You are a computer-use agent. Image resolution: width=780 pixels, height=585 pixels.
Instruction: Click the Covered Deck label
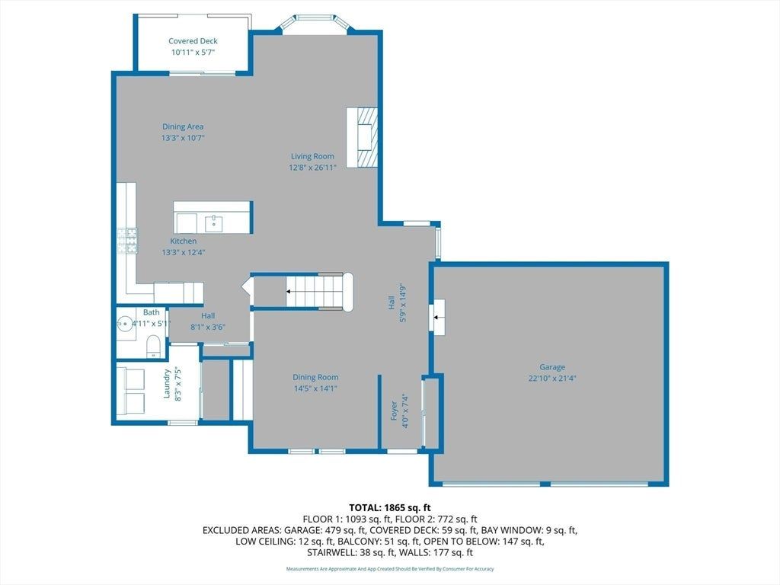coord(193,41)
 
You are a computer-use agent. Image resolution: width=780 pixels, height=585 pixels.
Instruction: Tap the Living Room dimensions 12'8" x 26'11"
coord(312,168)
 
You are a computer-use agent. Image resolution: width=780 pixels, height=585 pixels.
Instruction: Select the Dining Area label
coord(183,127)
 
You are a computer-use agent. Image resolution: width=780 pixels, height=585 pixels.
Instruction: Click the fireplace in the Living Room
coord(362,138)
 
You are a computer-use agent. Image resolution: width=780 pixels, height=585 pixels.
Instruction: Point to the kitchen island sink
coord(214,224)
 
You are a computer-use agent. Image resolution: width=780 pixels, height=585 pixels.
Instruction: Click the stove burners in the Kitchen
coord(127,241)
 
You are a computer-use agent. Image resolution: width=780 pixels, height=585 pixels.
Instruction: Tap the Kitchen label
coord(183,241)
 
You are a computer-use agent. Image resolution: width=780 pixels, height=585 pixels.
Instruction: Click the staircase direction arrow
coord(289,292)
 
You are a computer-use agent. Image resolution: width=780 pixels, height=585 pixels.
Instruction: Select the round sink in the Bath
coord(124,324)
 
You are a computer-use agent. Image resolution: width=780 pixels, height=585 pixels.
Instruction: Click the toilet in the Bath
coord(154,346)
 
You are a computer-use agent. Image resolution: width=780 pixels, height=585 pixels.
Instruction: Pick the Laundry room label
coord(167,384)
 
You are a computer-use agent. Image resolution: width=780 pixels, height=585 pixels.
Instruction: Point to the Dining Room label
coord(315,378)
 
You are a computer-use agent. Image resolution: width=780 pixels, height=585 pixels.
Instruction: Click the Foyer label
coord(394,411)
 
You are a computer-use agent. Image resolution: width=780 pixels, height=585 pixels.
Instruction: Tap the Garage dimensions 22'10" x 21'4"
coord(552,378)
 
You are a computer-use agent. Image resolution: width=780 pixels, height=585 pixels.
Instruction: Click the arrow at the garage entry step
coord(438,317)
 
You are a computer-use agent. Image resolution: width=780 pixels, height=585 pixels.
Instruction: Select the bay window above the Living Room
coord(315,24)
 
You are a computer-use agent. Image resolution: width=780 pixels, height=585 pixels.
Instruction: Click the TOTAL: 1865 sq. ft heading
coord(389,508)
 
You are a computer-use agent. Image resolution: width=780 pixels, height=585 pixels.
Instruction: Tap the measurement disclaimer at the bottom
coord(390,568)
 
